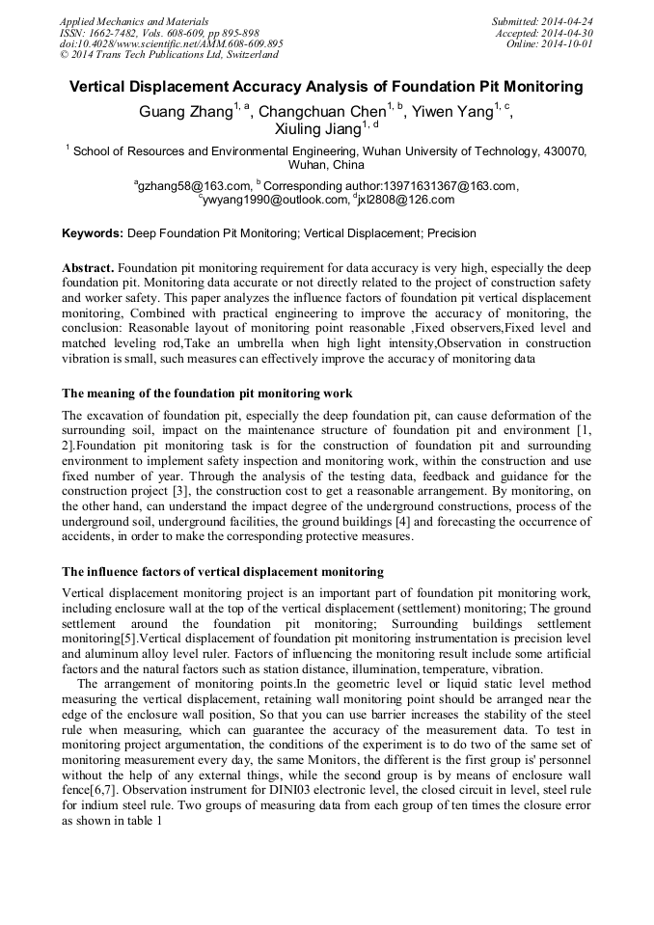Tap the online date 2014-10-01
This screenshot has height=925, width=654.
point(571,43)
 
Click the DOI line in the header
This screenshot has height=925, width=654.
point(171,43)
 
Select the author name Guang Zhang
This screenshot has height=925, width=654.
point(186,112)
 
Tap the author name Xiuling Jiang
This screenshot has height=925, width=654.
point(317,130)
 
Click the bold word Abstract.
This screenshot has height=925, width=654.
point(88,266)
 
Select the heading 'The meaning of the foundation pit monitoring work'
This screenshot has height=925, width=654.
point(206,393)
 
